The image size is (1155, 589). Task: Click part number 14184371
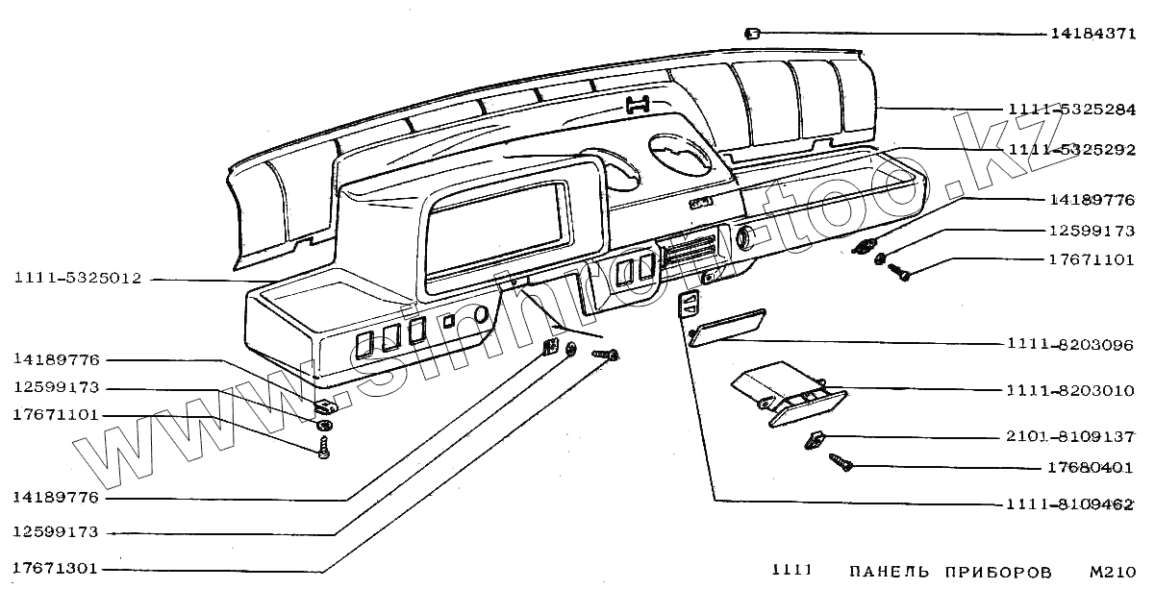pyautogui.click(x=1092, y=34)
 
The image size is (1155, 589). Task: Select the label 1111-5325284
pyautogui.click(x=1072, y=109)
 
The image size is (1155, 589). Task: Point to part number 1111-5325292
pyautogui.click(x=1072, y=151)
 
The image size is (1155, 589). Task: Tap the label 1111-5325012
pyautogui.click(x=78, y=280)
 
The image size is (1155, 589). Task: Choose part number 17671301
pyautogui.click(x=56, y=568)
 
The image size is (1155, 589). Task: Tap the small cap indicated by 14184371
pyautogui.click(x=753, y=34)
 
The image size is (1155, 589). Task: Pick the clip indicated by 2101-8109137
pyautogui.click(x=815, y=440)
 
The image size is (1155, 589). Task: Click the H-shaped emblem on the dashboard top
pyautogui.click(x=639, y=106)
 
